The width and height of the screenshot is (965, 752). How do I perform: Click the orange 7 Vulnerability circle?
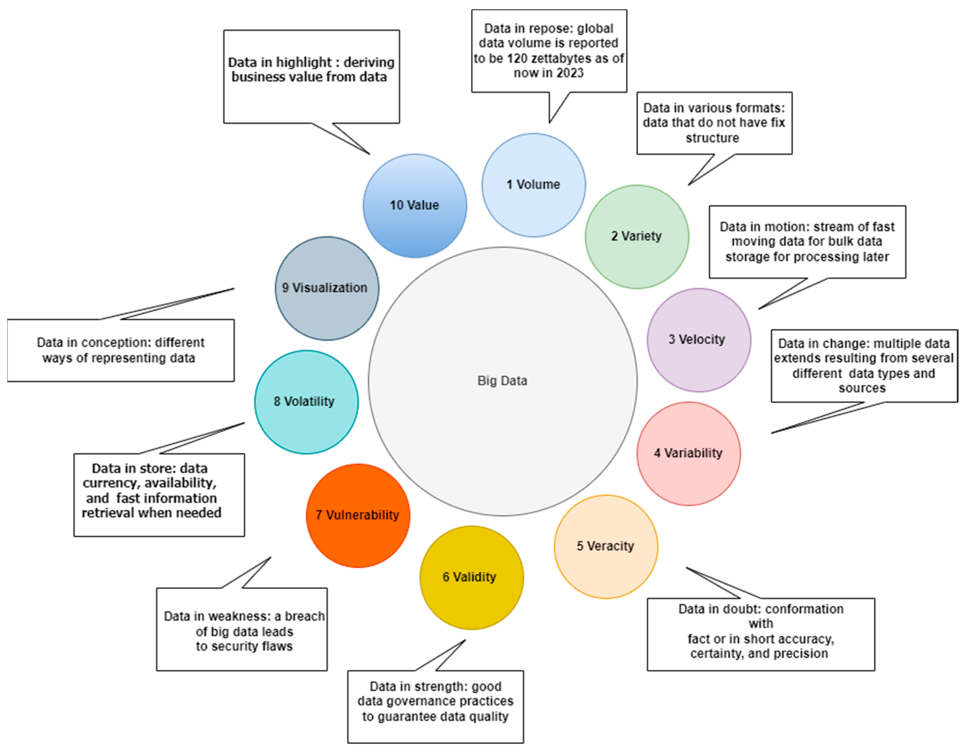tap(357, 515)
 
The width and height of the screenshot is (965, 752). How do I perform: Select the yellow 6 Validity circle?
tap(471, 577)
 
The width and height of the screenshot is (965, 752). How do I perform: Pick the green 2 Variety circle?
tap(637, 237)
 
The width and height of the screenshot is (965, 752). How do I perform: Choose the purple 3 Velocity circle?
tap(699, 340)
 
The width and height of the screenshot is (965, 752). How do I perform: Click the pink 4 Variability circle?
tap(689, 453)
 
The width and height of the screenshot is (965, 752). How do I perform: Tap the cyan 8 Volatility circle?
tap(306, 402)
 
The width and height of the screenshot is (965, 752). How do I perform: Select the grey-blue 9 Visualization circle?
tap(327, 288)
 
